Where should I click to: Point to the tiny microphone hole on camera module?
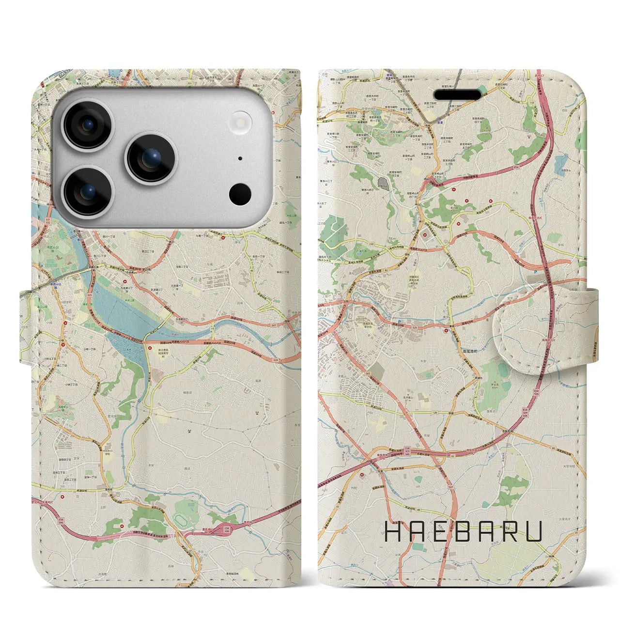[240, 158]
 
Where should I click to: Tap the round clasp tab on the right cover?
[526, 331]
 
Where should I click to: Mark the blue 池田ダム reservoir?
[561, 164]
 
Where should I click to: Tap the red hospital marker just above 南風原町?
[446, 331]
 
